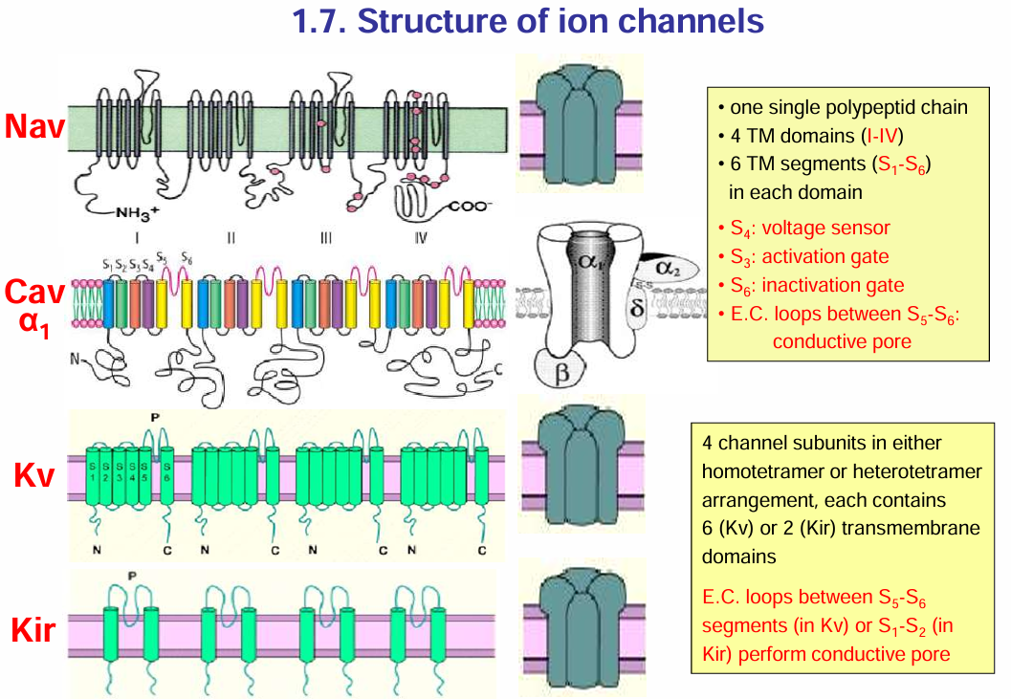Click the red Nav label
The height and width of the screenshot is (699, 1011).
34,127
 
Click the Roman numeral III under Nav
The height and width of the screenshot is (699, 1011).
325,238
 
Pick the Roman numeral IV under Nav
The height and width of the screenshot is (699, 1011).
421,238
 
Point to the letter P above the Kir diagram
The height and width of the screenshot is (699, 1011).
132,576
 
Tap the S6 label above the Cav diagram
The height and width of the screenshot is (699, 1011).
186,260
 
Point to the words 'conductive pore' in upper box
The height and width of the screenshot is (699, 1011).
842,340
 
